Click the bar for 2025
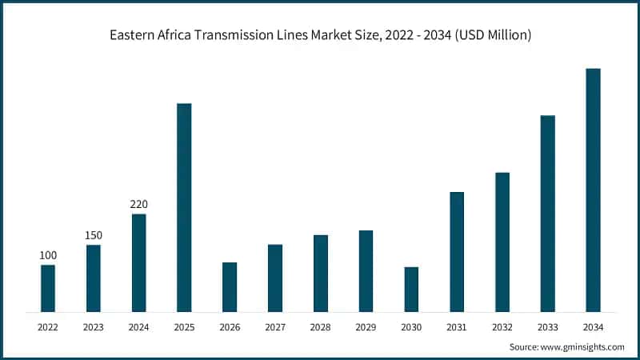point(184,207)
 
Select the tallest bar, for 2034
point(593,190)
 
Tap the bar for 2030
point(411,289)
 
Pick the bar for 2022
point(48,288)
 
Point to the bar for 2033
point(547,213)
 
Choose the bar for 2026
point(230,286)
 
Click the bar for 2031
point(457,251)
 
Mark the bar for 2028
point(321,273)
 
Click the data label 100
point(48,255)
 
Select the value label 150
point(94,235)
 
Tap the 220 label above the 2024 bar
point(139,204)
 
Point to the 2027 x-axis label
point(275,326)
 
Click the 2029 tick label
point(366,326)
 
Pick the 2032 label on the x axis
point(502,326)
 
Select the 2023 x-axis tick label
point(94,326)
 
